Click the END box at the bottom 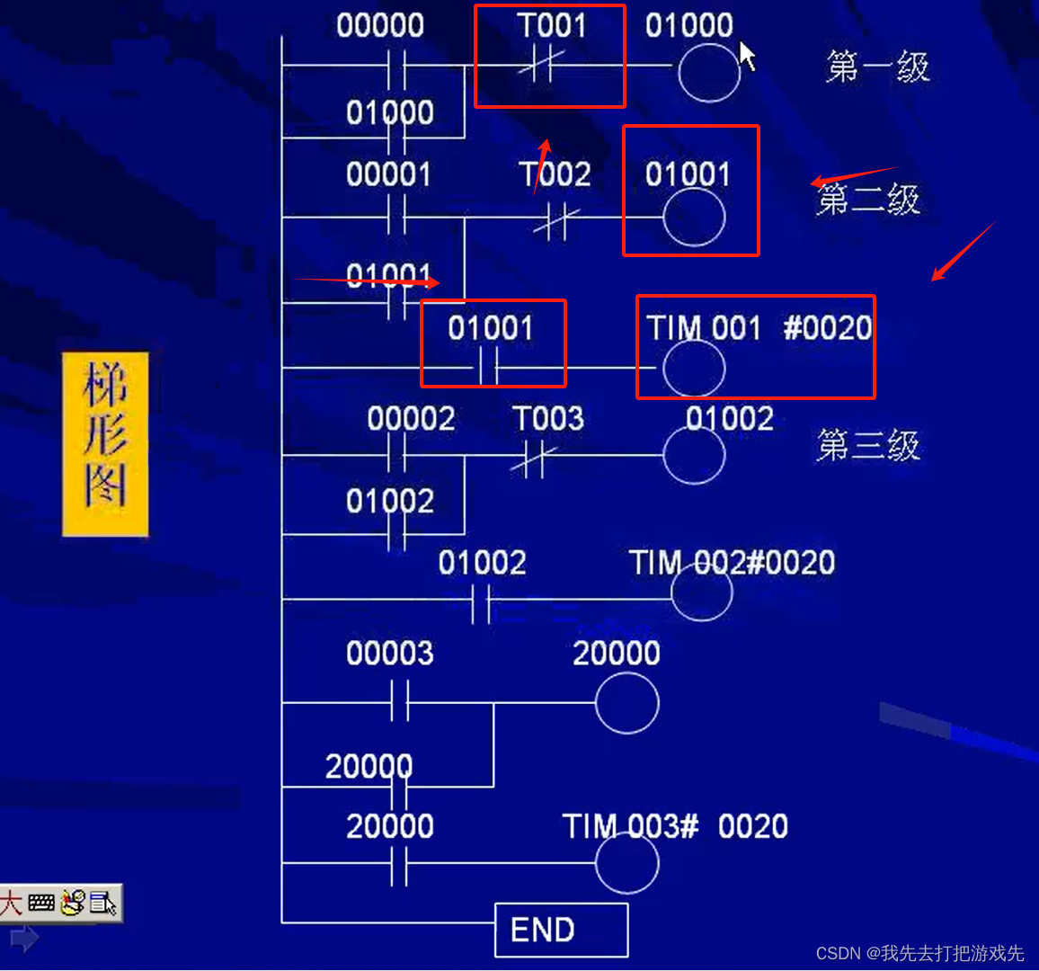pyautogui.click(x=561, y=930)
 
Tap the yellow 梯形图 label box pyautogui.click(x=105, y=445)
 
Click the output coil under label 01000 pyautogui.click(x=708, y=71)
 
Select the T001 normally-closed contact pyautogui.click(x=541, y=65)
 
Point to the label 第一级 pyautogui.click(x=877, y=67)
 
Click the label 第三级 pyautogui.click(x=868, y=445)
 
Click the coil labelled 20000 pyautogui.click(x=626, y=702)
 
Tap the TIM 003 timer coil pyautogui.click(x=626, y=862)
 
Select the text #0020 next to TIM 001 pyautogui.click(x=827, y=328)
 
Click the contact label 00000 pyautogui.click(x=380, y=25)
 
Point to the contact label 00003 pyautogui.click(x=389, y=653)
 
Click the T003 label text pyautogui.click(x=548, y=418)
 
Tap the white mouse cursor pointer pyautogui.click(x=747, y=55)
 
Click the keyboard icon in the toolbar pyautogui.click(x=41, y=903)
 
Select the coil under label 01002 pyautogui.click(x=694, y=455)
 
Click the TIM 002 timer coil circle pyautogui.click(x=701, y=593)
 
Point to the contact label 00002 pyautogui.click(x=411, y=418)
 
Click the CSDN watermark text pyautogui.click(x=919, y=953)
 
